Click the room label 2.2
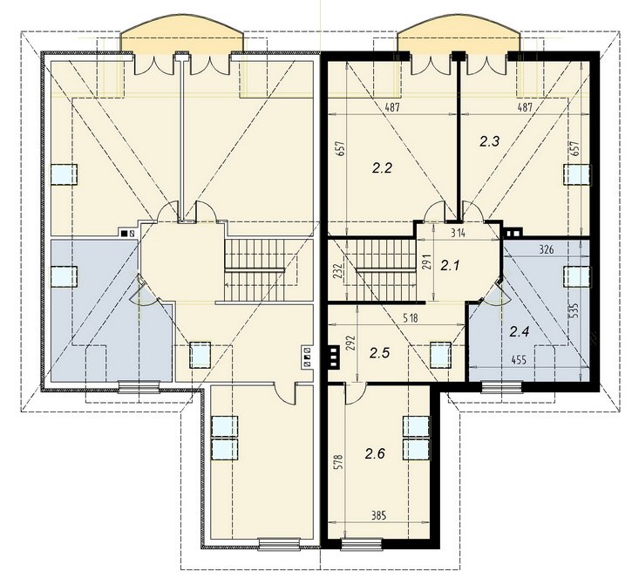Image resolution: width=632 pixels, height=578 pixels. pos(382,168)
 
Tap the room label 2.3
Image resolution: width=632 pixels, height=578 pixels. pos(489,141)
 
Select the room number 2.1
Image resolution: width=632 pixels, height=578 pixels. pos(450,266)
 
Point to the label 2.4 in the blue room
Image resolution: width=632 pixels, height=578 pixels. pos(520,332)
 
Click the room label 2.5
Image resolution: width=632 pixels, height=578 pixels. pos(379,353)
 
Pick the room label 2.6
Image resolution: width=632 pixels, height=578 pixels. pos(375,454)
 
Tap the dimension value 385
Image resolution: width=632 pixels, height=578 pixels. pos(378,515)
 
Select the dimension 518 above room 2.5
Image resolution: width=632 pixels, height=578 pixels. pos(410,318)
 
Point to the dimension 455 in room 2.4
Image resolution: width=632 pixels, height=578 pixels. pos(519,360)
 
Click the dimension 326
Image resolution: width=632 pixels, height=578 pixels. pos(546,250)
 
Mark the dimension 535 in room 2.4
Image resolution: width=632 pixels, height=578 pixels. pos(574,310)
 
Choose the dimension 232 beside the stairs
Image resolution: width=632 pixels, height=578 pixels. pos(338,271)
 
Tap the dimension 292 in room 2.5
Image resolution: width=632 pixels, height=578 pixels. pos(351,343)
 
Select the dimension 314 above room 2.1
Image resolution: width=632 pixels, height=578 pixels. pos(458,234)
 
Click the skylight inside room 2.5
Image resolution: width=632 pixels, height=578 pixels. pos(440,355)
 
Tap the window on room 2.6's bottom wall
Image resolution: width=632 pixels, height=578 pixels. pos(362,544)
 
